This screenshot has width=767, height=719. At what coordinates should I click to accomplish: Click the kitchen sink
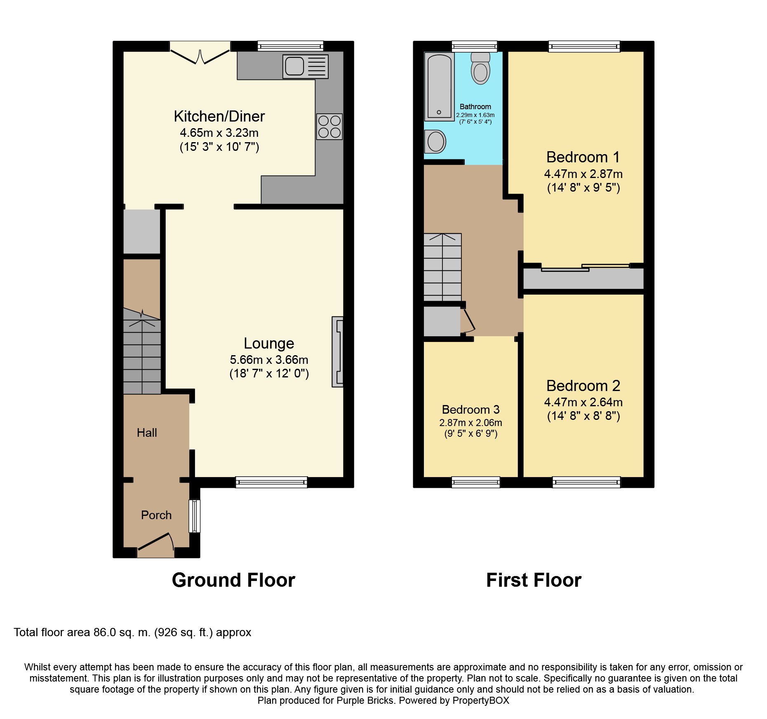(306, 66)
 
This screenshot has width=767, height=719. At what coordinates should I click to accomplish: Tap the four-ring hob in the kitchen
(329, 126)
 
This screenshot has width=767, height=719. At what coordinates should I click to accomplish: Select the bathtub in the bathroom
(440, 86)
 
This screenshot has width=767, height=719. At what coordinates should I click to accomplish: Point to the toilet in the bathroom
(480, 68)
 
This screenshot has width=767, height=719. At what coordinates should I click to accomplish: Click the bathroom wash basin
(435, 142)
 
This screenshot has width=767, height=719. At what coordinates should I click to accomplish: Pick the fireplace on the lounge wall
(338, 351)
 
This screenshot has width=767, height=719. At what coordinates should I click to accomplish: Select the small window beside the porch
(195, 516)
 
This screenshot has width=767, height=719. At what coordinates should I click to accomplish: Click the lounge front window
(271, 482)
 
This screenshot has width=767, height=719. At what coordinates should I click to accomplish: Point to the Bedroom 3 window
(476, 482)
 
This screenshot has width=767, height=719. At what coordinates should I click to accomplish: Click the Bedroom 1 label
(583, 157)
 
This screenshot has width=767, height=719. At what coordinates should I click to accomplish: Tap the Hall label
(147, 433)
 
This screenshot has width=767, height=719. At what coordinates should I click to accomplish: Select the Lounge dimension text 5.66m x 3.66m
(269, 360)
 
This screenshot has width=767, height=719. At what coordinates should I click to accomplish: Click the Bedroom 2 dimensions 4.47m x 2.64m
(583, 402)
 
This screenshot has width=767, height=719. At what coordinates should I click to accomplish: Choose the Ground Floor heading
(233, 580)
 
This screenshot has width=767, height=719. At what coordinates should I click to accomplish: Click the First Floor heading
(534, 580)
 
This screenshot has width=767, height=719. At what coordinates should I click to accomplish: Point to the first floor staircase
(442, 267)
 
